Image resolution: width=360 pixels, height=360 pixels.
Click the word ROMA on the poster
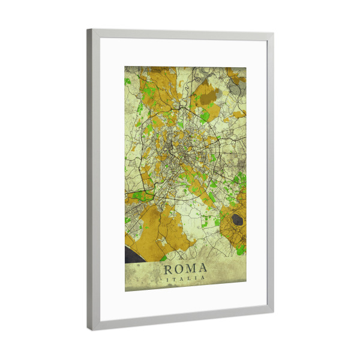pyautogui.click(x=185, y=268)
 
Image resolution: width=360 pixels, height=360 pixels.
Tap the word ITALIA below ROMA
pyautogui.click(x=185, y=278)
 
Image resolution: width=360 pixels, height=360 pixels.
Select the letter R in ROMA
pyautogui.click(x=169, y=268)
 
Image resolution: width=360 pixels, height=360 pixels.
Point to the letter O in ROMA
pyautogui.click(x=179, y=268)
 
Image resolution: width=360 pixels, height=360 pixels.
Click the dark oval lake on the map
pyautogui.click(x=238, y=220)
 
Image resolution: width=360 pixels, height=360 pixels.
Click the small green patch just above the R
pyautogui.click(x=163, y=259)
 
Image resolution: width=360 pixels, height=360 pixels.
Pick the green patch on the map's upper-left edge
pyautogui.click(x=128, y=80)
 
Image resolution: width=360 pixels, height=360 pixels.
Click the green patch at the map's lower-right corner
pyautogui.click(x=241, y=248)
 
